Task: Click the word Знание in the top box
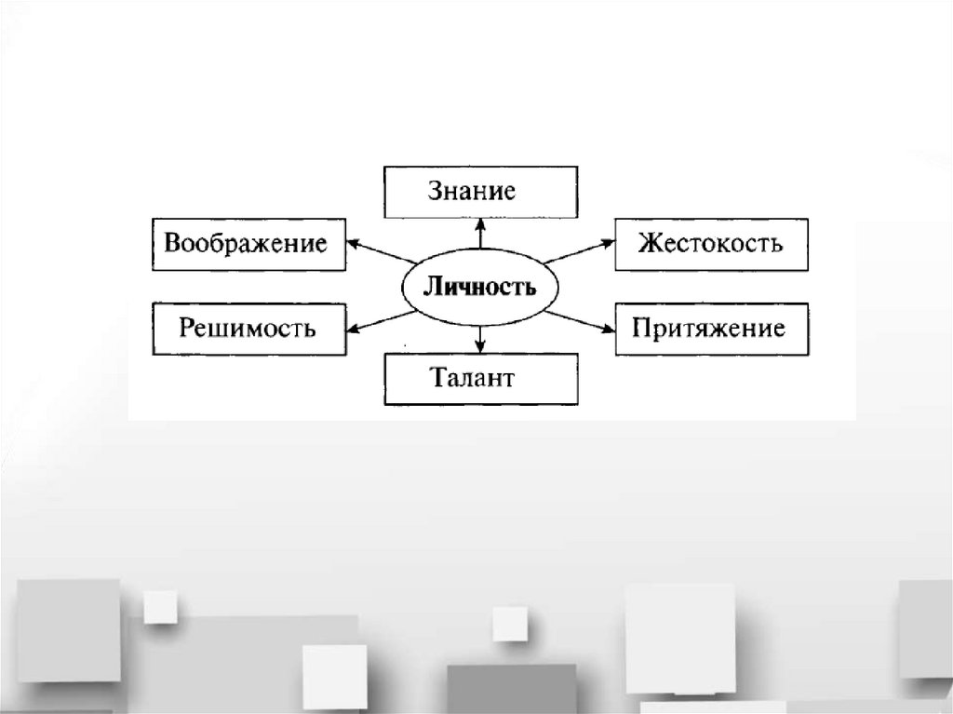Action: (471, 192)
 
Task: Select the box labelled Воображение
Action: (246, 244)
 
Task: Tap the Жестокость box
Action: (710, 244)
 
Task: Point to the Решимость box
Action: (246, 328)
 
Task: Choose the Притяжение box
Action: (710, 328)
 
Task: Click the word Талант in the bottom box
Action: (472, 379)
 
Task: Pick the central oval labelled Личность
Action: (479, 287)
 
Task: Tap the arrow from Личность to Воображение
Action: (378, 250)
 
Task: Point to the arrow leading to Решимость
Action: (378, 322)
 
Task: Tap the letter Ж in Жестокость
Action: (648, 244)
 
